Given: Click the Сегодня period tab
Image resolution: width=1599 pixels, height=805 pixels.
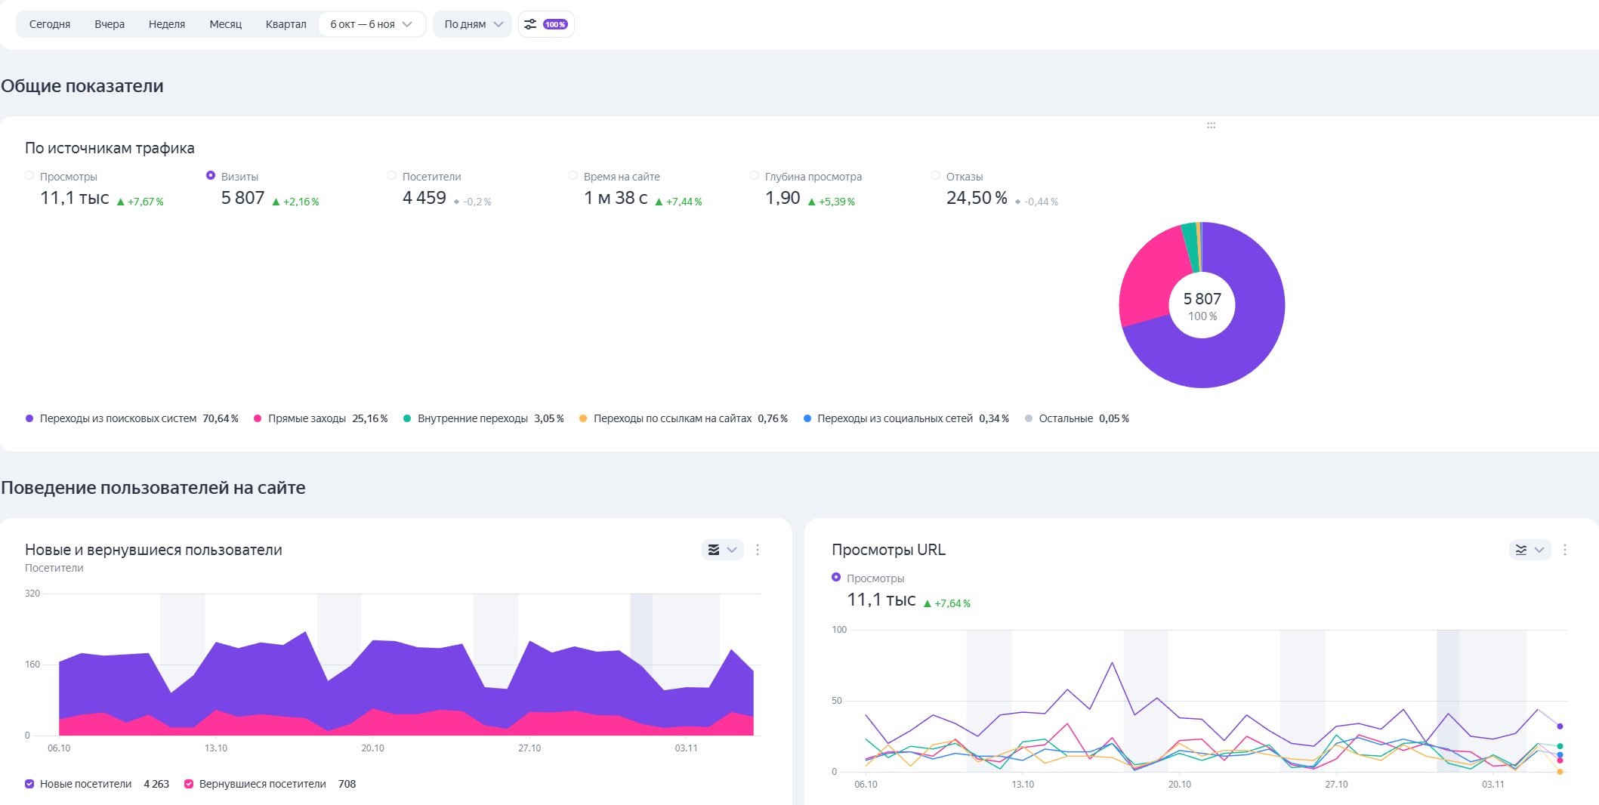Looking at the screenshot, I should [50, 24].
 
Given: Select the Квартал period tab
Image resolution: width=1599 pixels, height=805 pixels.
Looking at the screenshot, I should [286, 24].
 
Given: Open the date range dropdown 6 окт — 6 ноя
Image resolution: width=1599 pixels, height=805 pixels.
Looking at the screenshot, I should [371, 24].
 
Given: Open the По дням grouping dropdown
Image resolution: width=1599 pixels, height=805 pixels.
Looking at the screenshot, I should [473, 24].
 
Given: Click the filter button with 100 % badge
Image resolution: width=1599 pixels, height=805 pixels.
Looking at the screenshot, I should [546, 24].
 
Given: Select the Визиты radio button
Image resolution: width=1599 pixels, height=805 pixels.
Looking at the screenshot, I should [211, 176].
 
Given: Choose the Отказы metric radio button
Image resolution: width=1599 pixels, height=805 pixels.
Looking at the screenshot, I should [936, 176].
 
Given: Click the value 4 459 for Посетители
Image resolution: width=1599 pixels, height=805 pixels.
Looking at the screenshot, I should [424, 198].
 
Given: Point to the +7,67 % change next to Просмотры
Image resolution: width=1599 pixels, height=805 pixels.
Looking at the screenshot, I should [141, 202].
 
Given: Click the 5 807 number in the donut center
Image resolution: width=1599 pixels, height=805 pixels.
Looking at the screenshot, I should [1202, 299].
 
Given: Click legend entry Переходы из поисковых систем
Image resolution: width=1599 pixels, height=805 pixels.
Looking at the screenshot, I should [118, 418].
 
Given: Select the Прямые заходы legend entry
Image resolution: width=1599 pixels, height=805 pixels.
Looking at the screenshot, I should [307, 418].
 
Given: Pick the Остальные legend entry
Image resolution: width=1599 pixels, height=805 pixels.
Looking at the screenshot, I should [1065, 418].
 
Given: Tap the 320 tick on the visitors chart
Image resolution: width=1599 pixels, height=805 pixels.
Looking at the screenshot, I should [32, 594].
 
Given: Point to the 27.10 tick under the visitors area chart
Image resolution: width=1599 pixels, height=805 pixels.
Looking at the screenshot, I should [529, 748].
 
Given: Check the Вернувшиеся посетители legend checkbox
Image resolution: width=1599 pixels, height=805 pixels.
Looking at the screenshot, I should [189, 784].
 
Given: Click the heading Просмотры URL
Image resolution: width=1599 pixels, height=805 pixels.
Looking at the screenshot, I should [888, 550].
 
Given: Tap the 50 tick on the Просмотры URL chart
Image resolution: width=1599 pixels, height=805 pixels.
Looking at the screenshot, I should [836, 701].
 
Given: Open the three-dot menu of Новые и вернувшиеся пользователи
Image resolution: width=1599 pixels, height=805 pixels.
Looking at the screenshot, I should [758, 550].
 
